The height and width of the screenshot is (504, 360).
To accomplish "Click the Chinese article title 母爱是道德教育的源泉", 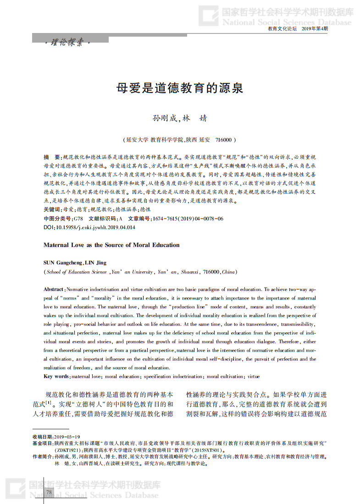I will pyautogui.click(x=180, y=88).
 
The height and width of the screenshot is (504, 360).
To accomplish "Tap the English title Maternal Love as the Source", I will pyautogui.click(x=111, y=245).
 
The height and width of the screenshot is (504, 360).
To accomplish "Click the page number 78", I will pyautogui.click(x=49, y=492).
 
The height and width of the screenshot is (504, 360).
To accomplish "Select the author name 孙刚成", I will pyautogui.click(x=164, y=118).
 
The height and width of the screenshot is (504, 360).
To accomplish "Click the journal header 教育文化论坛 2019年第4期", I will pyautogui.click(x=298, y=29).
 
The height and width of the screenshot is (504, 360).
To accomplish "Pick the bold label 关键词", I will pyautogui.click(x=52, y=209).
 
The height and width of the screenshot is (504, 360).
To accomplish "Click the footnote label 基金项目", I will pyautogui.click(x=42, y=444).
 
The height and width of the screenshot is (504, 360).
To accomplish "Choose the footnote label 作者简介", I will pyautogui.click(x=42, y=456).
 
